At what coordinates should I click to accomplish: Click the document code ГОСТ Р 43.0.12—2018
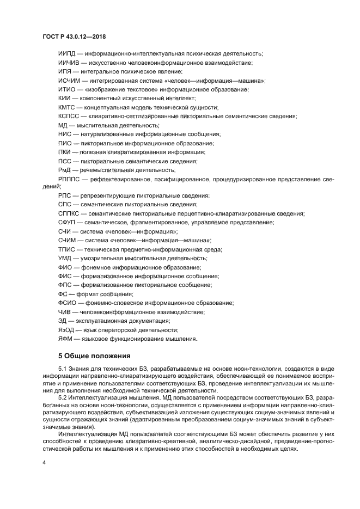74,36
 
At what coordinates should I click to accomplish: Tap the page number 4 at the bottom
44,462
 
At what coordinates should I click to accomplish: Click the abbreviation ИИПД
67,53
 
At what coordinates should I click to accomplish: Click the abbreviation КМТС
66,107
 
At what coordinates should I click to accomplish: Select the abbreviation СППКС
69,213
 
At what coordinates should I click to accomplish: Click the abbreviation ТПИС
66,249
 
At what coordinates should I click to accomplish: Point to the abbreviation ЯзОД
66,330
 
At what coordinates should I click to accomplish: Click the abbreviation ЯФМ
65,339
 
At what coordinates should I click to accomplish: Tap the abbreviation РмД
64,169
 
